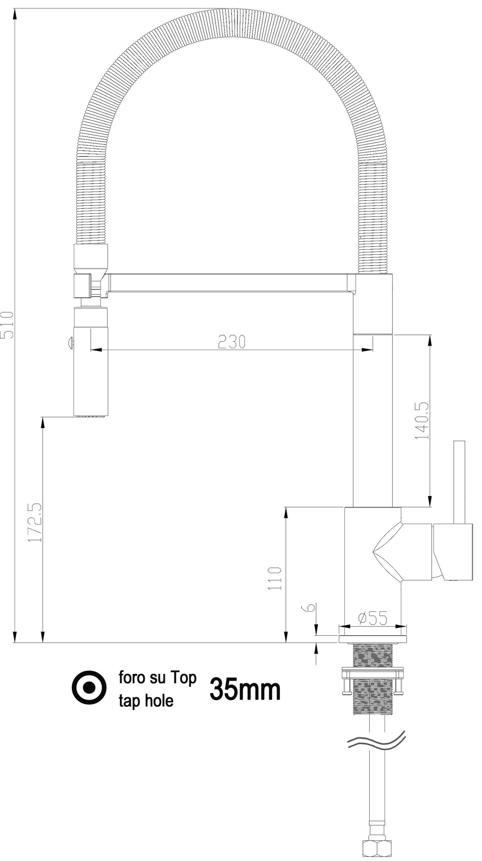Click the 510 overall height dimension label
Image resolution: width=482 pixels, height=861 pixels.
(7, 325)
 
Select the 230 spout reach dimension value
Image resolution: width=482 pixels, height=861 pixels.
(232, 342)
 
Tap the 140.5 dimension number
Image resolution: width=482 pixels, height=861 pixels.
(422, 421)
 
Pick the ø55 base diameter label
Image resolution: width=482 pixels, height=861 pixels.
(373, 618)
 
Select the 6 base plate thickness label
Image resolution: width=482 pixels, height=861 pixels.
(311, 607)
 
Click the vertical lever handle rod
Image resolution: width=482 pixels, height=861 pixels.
(459, 482)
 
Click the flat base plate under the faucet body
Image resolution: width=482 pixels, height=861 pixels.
(372, 639)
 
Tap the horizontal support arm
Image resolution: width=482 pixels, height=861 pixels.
(230, 283)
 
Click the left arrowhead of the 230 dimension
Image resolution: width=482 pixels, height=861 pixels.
(96, 350)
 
